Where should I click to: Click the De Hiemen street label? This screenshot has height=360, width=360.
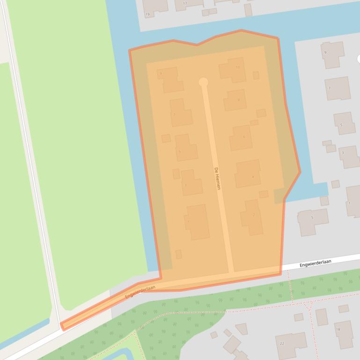pyautogui.click(x=217, y=178)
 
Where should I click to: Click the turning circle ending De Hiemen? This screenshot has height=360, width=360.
pyautogui.click(x=203, y=82)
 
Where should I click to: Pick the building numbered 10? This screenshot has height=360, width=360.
pyautogui.click(x=233, y=70)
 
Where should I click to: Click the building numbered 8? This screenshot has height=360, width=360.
pyautogui.click(x=235, y=100)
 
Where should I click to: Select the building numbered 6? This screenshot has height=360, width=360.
pyautogui.click(x=241, y=137)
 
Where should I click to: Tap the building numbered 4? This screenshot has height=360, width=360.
pyautogui.click(x=248, y=173)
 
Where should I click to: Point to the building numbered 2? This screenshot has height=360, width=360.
pyautogui.click(x=252, y=217)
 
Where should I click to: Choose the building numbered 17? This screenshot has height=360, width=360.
pyautogui.click(x=188, y=4)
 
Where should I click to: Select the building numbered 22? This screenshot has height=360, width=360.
pyautogui.click(x=291, y=345)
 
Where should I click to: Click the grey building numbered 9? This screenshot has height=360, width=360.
pyautogui.click(x=332, y=54)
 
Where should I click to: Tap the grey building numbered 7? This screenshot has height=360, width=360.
pyautogui.click(x=337, y=88)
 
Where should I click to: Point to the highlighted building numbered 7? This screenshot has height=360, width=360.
pyautogui.click(x=180, y=113)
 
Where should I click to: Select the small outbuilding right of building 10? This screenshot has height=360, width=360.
pyautogui.click(x=256, y=75)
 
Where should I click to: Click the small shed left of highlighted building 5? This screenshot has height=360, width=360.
pyautogui.click(x=166, y=138)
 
